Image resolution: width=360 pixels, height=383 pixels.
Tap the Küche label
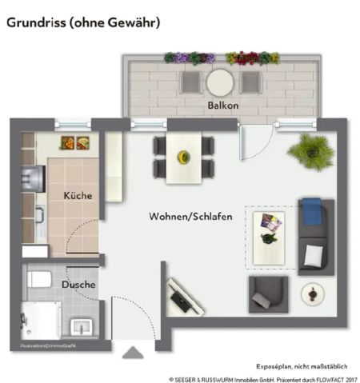[78, 195]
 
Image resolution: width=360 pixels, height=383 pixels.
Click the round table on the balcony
[219, 82]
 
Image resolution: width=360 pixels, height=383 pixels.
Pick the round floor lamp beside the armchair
[310, 297]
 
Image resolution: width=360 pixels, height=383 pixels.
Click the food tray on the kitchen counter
[74, 143]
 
